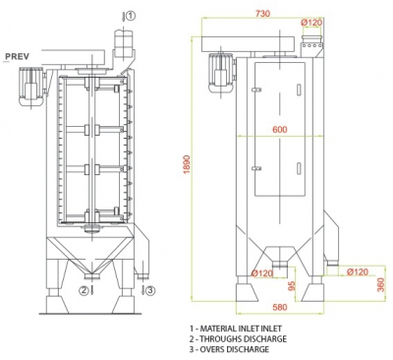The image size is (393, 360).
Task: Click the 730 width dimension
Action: pyautogui.click(x=262, y=14)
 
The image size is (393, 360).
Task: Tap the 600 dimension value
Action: pyautogui.click(x=280, y=130)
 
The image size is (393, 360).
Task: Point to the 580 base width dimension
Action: pyautogui.click(x=280, y=307)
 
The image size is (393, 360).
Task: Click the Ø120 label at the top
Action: pyautogui.click(x=311, y=23)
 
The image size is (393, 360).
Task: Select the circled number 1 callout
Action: pyautogui.click(x=131, y=16)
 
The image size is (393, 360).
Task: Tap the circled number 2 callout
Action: pyautogui.click(x=84, y=290)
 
